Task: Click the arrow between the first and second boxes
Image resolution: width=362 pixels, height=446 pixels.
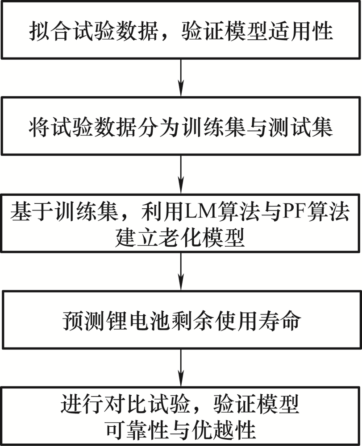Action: pyautogui.click(x=181, y=77)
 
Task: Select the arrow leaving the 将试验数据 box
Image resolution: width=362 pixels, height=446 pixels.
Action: pyautogui.click(x=181, y=174)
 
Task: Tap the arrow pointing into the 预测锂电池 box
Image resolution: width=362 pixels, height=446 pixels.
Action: pyautogui.click(x=181, y=271)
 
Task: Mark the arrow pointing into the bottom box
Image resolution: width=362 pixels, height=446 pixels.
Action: pyautogui.click(x=181, y=368)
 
